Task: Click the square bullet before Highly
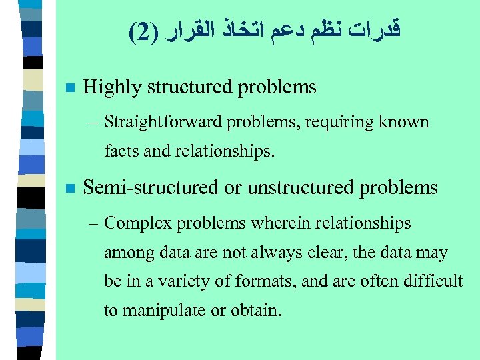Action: point(69,87)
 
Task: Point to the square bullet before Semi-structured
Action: point(69,189)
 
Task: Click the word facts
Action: point(121,151)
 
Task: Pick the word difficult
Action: point(436,281)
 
